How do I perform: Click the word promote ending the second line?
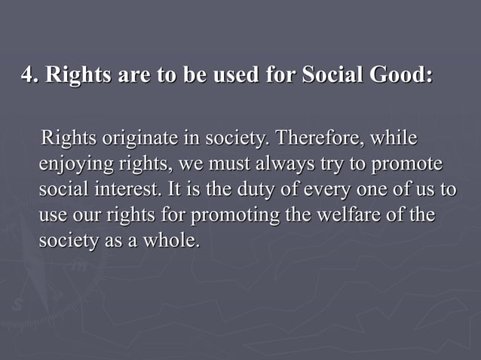coord(403,165)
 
